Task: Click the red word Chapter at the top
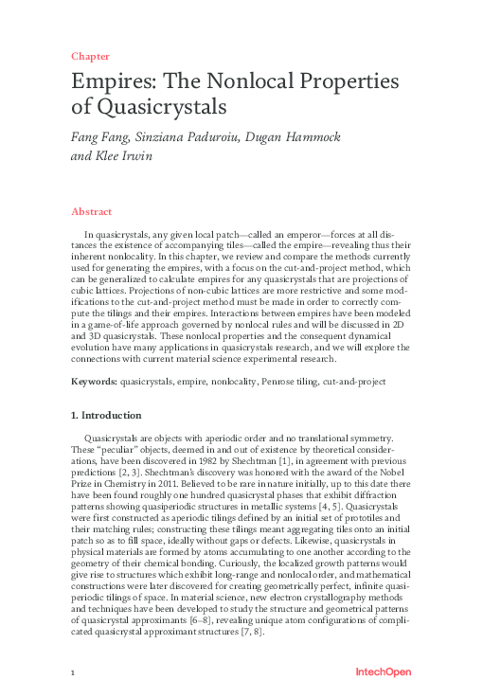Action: [90, 56]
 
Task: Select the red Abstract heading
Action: [93, 211]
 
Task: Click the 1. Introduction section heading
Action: [107, 415]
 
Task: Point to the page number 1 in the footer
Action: [73, 672]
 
